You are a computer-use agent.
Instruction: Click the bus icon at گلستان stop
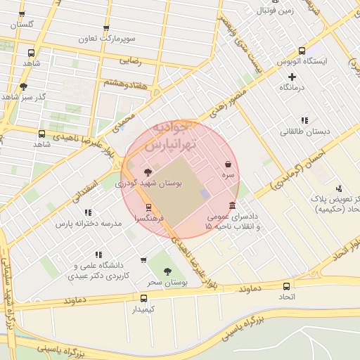[x=22, y=15]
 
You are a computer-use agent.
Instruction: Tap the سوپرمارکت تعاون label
[x=105, y=37]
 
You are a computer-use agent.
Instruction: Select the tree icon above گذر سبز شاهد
[x=23, y=86]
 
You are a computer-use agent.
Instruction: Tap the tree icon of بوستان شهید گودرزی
[x=147, y=172]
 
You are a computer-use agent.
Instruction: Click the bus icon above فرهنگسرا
[x=148, y=207]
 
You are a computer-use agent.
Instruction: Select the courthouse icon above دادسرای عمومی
[x=232, y=204]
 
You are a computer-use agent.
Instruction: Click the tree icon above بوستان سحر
[x=167, y=271]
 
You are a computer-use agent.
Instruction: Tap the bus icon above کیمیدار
[x=144, y=298]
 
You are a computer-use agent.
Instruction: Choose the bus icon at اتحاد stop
[x=286, y=286]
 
